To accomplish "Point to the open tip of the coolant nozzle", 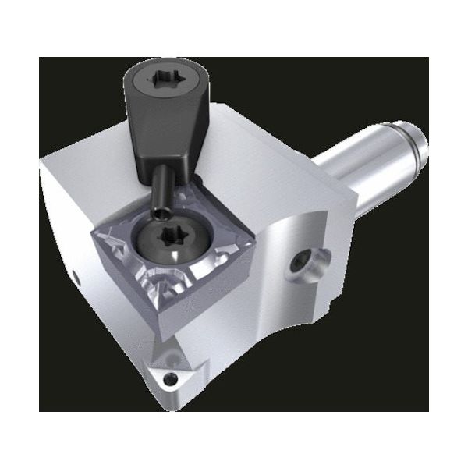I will [x=159, y=211].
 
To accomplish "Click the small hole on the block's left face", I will [x=76, y=275].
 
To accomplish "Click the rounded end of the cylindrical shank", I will [x=418, y=146].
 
